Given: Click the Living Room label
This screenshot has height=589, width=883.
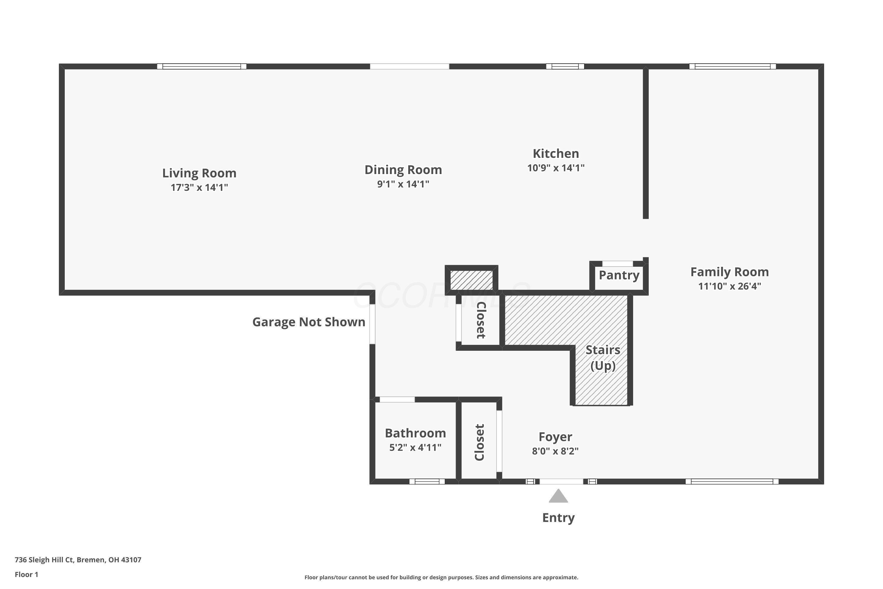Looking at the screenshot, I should click(x=199, y=173).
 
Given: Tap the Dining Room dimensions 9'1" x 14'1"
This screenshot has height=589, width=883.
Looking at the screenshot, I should click(x=403, y=184).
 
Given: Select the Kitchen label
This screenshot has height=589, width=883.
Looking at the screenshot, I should click(x=556, y=154).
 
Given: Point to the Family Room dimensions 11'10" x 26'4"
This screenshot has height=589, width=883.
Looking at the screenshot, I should click(x=729, y=286).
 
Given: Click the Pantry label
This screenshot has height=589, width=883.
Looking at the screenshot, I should click(x=619, y=275).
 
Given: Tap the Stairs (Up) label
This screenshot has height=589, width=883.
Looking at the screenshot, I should click(x=603, y=358).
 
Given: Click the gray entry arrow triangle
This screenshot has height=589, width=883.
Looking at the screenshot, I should click(x=558, y=497).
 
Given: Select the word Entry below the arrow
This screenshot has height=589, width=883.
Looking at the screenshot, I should click(x=558, y=518).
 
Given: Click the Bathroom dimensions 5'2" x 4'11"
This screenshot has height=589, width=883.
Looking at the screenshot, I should click(x=415, y=447).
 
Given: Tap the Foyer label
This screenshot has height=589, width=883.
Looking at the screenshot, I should click(x=555, y=437).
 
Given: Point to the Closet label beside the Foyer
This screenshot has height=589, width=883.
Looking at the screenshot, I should click(x=479, y=442).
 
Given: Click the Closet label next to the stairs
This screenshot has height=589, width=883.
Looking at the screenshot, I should click(x=481, y=320).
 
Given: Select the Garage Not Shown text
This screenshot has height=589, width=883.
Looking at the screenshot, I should click(x=308, y=322).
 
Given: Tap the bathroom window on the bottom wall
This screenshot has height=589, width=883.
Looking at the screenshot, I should click(x=427, y=482).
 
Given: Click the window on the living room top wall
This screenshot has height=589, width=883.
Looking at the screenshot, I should click(x=202, y=67).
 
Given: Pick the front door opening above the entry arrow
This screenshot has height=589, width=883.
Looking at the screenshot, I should click(x=561, y=482).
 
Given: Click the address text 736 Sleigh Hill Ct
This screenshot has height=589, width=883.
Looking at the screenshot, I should click(x=78, y=560).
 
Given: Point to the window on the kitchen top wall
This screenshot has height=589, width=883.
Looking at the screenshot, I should click(x=565, y=67).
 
